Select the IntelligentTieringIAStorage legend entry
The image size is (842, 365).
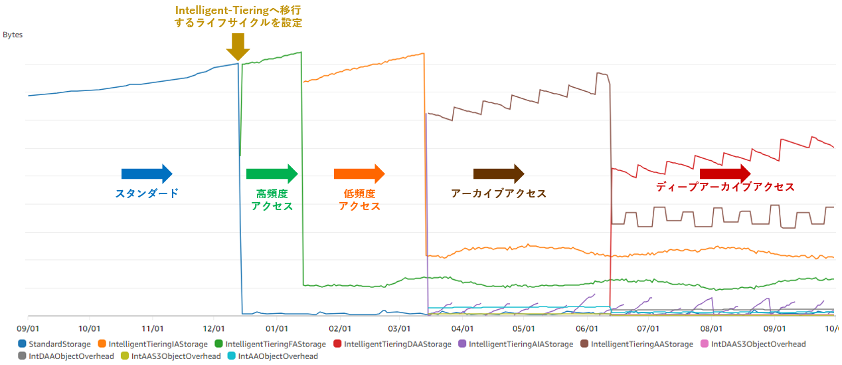157,344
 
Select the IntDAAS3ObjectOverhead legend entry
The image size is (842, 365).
758,344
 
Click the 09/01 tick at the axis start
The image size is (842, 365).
29,328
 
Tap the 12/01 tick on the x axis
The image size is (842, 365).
214,328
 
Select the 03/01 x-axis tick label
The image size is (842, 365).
400,328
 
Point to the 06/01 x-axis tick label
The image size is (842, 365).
586,328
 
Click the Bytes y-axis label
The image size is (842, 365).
13,35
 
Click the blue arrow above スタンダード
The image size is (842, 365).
147,174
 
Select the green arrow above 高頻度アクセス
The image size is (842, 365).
272,174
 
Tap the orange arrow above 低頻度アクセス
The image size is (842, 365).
359,174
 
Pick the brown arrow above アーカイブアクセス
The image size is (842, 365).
499,174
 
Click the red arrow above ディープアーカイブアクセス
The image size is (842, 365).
725,174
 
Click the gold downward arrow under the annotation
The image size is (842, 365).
237,47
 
